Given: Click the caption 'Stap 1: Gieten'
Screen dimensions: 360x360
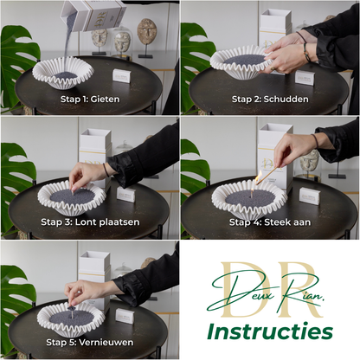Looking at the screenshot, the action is pyautogui.click(x=90, y=100).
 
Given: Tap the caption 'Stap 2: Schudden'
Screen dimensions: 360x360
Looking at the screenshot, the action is pyautogui.click(x=270, y=100).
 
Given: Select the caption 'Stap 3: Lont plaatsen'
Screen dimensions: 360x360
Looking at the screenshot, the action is pyautogui.click(x=90, y=222).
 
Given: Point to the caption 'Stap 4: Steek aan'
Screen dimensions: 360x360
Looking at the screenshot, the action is pyautogui.click(x=270, y=222).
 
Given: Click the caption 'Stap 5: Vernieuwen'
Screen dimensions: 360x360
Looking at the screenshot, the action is pyautogui.click(x=90, y=343).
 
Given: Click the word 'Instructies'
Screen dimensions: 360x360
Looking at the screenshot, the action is pyautogui.click(x=270, y=331).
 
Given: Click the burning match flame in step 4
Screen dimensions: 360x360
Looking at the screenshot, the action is pyautogui.click(x=259, y=177).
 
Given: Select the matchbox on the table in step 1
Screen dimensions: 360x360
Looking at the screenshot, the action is pyautogui.click(x=121, y=76).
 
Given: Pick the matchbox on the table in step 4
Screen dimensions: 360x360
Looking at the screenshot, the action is pyautogui.click(x=310, y=196).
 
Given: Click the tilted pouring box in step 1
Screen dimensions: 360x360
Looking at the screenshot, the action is pyautogui.click(x=94, y=15).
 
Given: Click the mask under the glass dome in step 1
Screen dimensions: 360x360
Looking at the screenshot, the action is pyautogui.click(x=122, y=42).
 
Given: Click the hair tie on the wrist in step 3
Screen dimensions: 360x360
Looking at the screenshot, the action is pyautogui.click(x=106, y=170).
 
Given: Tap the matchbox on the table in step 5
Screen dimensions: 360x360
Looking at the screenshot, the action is pyautogui.click(x=125, y=316).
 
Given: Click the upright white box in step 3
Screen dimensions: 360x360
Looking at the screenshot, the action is pyautogui.click(x=95, y=157).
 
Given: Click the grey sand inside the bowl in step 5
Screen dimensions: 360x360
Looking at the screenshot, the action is pyautogui.click(x=72, y=318).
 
